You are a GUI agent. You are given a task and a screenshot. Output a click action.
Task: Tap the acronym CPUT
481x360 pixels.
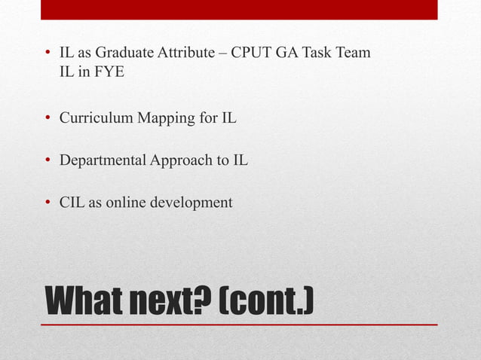255,55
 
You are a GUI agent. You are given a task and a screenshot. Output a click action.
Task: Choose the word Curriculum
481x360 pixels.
95,119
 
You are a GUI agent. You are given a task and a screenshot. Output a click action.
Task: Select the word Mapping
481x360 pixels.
164,119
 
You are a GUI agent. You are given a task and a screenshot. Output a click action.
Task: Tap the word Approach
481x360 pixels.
182,160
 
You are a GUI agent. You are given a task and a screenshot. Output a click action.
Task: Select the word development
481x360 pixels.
195,203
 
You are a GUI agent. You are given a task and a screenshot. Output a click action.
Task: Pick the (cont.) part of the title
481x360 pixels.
265,302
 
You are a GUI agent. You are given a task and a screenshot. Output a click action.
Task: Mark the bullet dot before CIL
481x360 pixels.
47,203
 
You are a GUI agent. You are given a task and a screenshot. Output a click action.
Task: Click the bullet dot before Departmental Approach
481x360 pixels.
47,161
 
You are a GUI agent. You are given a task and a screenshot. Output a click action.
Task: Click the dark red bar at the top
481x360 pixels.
239,9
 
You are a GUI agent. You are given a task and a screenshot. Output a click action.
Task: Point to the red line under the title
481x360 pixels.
239,325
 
